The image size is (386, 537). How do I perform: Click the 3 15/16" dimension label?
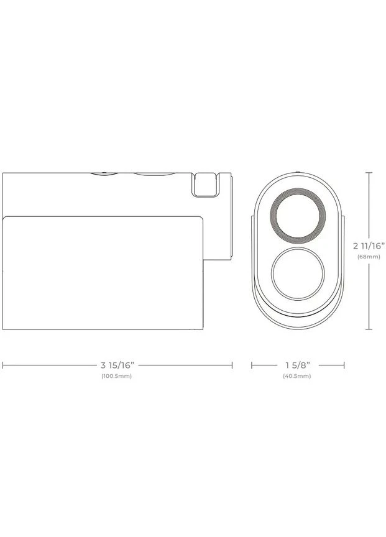[117, 365]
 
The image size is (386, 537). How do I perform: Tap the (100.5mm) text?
[116, 376]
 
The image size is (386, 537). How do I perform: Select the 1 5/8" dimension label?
[298, 365]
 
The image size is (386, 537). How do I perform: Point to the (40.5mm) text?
[297, 376]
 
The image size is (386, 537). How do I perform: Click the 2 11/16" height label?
[369, 246]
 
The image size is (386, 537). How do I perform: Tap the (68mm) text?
[369, 257]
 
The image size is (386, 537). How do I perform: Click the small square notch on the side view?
[205, 185]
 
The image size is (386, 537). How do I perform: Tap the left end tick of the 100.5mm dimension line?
[2, 365]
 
